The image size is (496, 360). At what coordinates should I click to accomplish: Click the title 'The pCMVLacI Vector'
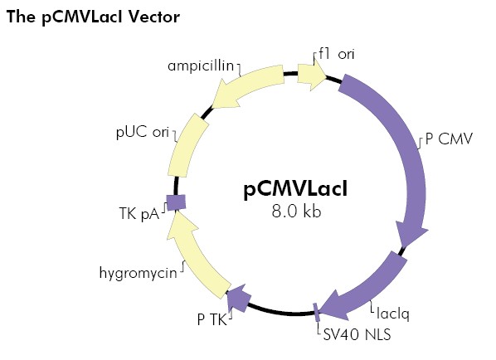click(92, 17)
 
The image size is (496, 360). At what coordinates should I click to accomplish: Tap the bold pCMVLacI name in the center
click(296, 189)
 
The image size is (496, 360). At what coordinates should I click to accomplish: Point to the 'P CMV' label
click(449, 139)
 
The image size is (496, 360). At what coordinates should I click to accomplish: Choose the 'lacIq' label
click(395, 315)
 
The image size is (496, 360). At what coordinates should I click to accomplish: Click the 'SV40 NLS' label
click(357, 334)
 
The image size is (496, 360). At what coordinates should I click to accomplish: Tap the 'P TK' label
click(212, 319)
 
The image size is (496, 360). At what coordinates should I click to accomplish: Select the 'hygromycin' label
click(138, 272)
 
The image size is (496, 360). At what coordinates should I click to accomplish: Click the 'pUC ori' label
click(142, 132)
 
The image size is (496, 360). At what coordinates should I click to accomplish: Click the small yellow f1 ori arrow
click(311, 75)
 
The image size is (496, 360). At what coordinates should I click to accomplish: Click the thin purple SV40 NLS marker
click(316, 313)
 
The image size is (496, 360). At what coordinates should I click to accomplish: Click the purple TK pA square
click(175, 202)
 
